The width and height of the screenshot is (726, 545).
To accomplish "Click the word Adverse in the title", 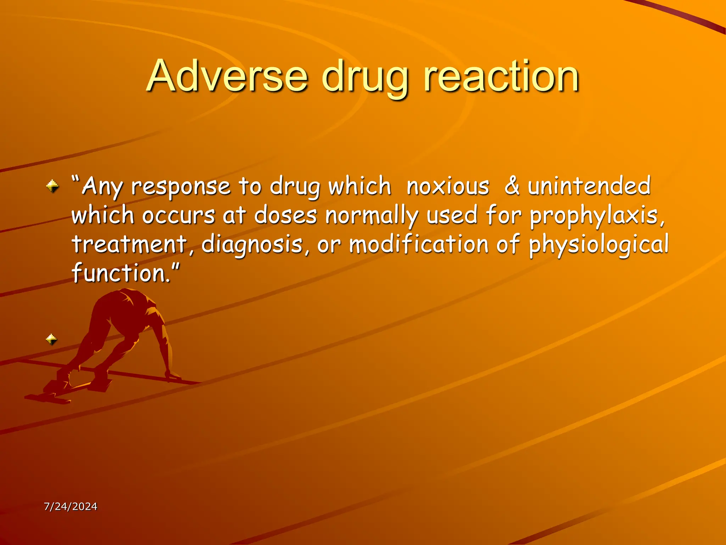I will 227,76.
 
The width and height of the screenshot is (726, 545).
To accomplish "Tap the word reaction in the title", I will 501,76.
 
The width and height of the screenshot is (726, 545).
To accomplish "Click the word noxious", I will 448,186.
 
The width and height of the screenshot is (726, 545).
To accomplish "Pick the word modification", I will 419,245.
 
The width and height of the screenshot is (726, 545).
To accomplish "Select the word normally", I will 372,216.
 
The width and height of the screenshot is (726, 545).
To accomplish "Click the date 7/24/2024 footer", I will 71,506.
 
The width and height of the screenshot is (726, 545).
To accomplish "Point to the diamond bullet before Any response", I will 52,186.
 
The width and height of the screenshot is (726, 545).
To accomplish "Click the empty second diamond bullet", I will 51,340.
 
